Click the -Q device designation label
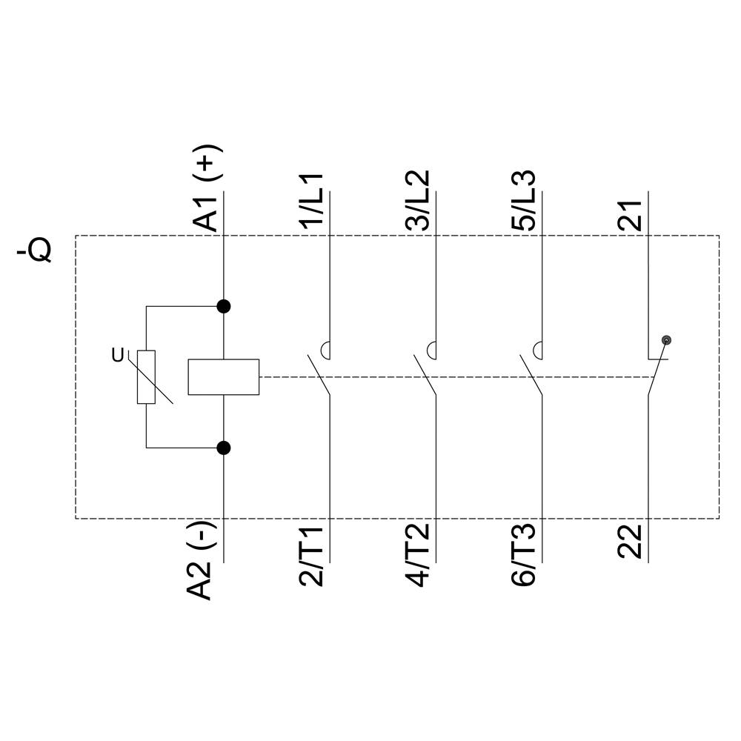point(34,250)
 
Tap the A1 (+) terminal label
point(206,188)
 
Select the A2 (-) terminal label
point(202,561)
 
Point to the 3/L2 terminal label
point(418,200)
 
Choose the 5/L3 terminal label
point(524,200)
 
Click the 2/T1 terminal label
point(311,556)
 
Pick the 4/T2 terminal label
point(418,555)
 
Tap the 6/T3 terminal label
point(524,555)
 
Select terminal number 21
point(630,216)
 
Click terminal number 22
point(630,542)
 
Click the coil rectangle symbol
point(224,377)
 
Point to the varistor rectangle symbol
point(146,377)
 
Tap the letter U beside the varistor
point(117,355)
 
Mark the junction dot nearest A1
point(224,306)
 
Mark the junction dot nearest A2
point(224,448)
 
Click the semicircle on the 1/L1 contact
point(325,350)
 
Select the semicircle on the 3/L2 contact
point(431,350)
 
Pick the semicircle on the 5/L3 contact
point(537,350)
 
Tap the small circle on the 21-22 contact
point(666,340)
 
